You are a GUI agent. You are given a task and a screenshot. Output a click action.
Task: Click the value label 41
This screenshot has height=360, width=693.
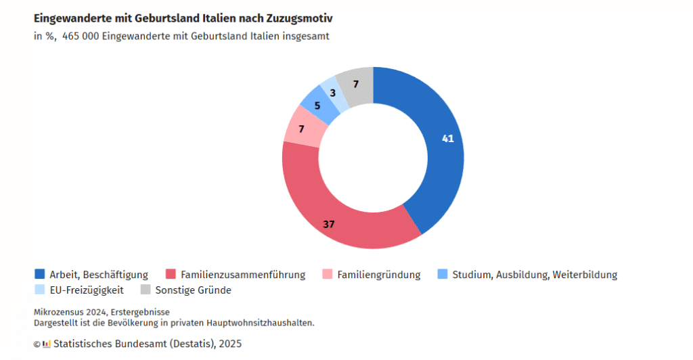coord(447,139)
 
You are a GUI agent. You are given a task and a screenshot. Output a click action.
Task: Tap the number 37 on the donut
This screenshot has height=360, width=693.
coord(329,224)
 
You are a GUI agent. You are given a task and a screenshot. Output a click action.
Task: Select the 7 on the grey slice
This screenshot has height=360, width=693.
coord(356,85)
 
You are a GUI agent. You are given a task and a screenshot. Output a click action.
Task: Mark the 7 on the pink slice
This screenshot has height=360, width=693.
coord(301,129)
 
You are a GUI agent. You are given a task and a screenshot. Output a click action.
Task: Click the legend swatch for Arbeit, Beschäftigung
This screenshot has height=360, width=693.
coord(40,274)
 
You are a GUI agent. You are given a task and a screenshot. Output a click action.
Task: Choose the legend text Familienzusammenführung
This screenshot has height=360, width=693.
coord(243,275)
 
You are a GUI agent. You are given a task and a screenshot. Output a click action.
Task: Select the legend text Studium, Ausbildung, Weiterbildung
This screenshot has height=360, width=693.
coord(535,275)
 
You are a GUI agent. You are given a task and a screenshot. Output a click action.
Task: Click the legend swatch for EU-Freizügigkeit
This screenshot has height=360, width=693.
coord(40,290)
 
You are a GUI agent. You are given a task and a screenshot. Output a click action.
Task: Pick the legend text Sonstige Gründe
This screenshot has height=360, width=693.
coord(193,290)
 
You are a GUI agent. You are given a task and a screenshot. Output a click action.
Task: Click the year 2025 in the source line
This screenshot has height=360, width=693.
coord(229,344)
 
